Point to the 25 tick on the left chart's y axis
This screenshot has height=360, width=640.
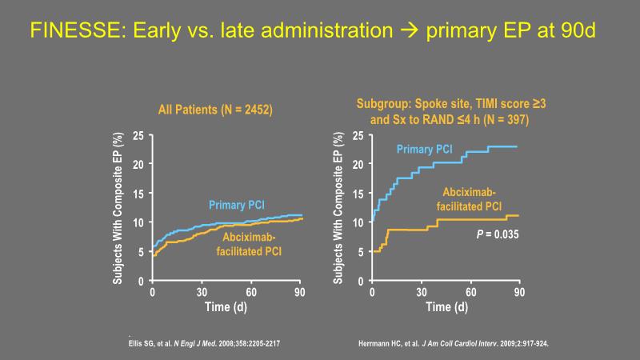138,135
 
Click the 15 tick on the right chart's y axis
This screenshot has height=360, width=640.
358,194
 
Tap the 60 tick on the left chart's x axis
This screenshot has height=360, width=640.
250,292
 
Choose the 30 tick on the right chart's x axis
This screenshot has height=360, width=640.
422,292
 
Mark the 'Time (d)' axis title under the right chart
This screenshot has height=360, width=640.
446,307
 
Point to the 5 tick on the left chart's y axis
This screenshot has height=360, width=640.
142,252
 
